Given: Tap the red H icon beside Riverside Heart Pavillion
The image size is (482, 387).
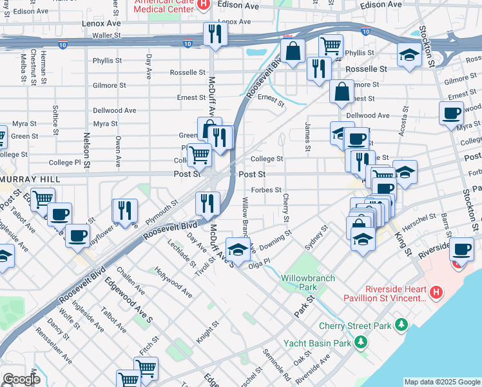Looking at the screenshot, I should click(436, 293).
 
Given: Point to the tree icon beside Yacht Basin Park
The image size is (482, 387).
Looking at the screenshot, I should click(362, 342).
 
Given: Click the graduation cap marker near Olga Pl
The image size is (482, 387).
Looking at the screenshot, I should click(237, 250).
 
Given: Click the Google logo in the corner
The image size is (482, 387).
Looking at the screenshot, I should click(21, 379).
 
